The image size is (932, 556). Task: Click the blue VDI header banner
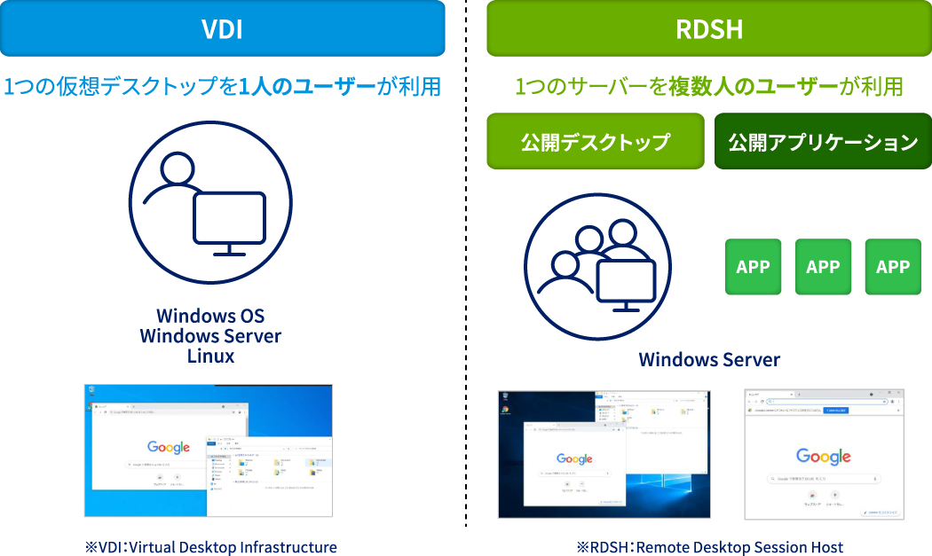[x=222, y=28]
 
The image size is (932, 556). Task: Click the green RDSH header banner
[x=708, y=28]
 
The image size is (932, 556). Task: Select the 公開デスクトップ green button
[x=595, y=141]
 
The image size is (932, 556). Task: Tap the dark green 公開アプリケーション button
[x=823, y=141]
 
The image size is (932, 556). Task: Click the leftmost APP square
[x=753, y=267]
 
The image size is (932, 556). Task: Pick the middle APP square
[x=823, y=267]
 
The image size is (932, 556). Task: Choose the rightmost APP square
[x=892, y=267]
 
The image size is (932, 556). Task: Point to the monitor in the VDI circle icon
[x=230, y=217]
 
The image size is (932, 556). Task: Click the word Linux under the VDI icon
[x=210, y=356]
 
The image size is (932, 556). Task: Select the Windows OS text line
[x=210, y=317]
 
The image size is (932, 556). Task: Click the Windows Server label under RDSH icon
[x=709, y=359]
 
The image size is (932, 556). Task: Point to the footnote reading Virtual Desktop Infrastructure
[x=210, y=547]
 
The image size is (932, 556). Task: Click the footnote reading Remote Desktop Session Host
[x=709, y=547]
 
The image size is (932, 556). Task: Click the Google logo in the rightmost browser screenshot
[x=823, y=457]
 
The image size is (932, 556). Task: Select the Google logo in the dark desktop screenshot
[x=574, y=458]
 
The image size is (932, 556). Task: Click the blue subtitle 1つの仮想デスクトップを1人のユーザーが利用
[x=222, y=87]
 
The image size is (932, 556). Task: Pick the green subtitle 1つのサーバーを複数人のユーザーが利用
[x=708, y=87]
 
